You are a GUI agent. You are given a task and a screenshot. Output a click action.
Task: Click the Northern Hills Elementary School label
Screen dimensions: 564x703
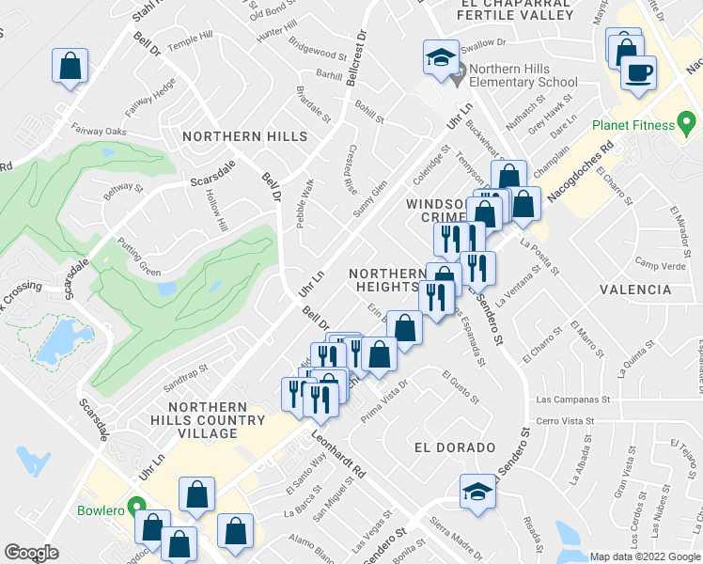pyautogui.click(x=523, y=75)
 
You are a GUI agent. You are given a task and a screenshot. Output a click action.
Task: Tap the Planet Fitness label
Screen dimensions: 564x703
pyautogui.click(x=633, y=125)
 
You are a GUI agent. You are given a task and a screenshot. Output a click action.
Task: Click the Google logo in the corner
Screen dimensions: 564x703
pyautogui.click(x=31, y=553)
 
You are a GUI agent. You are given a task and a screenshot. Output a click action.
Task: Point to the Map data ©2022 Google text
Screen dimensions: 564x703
pyautogui.click(x=645, y=556)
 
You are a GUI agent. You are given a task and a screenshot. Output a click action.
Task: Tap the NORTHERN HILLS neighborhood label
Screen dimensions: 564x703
pyautogui.click(x=245, y=136)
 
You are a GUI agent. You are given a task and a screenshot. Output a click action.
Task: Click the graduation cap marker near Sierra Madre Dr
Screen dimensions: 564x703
pyautogui.click(x=477, y=492)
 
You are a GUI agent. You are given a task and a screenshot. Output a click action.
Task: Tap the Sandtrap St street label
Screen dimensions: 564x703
pyautogui.click(x=184, y=380)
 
